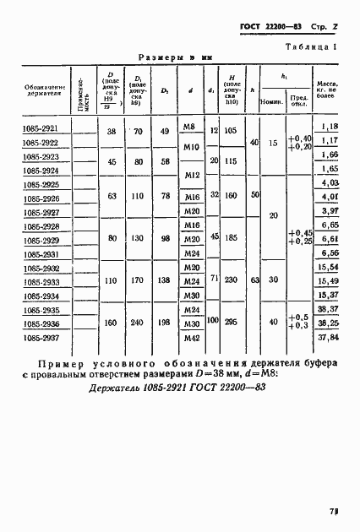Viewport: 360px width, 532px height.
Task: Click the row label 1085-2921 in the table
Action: pos(41,129)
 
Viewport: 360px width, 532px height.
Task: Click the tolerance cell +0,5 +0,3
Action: pos(299,322)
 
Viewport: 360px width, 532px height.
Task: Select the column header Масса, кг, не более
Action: pos(329,95)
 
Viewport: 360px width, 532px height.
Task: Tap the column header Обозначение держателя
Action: pos(41,93)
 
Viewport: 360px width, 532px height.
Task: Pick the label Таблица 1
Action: pos(311,48)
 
